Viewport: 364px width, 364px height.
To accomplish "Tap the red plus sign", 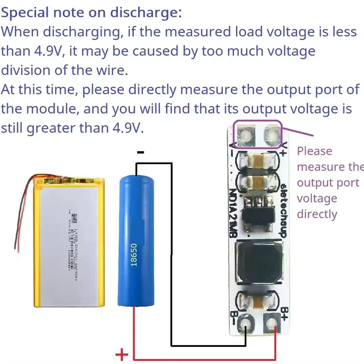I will pos(122,355).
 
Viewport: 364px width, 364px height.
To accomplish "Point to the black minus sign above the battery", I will pos(140,152).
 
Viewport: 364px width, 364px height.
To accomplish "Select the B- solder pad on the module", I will pos(247,323).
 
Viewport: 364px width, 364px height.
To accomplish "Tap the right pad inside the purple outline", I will pos(271,134).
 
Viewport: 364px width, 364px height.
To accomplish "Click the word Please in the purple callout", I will pos(314,151).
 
